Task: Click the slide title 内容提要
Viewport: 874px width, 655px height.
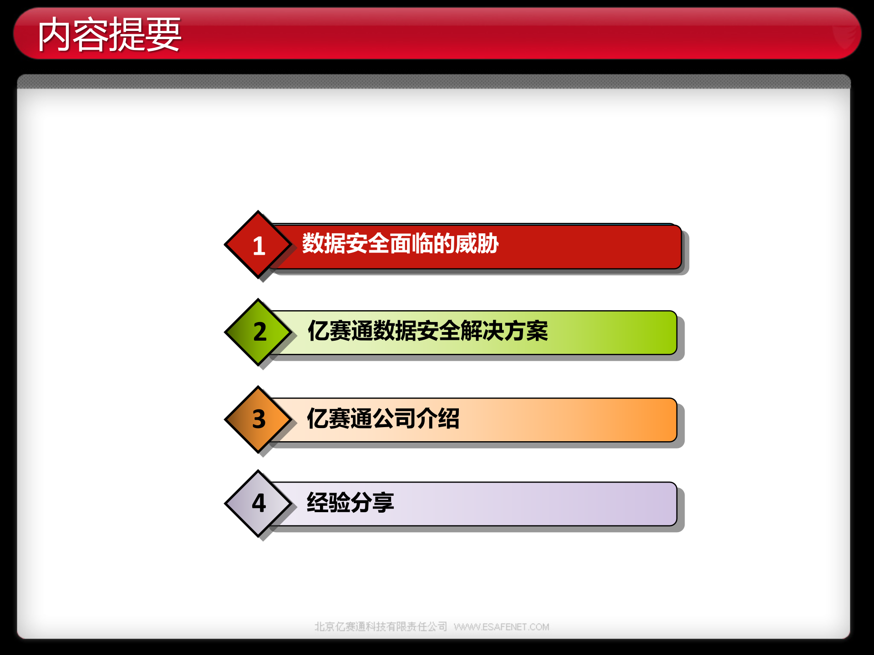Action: click(x=109, y=35)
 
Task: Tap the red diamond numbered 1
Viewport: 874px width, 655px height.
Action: click(x=258, y=245)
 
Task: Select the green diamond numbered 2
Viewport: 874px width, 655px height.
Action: click(x=258, y=332)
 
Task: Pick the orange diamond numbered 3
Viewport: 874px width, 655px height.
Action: click(x=258, y=419)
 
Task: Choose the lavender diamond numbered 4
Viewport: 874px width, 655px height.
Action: click(x=258, y=504)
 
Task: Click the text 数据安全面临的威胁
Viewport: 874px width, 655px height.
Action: click(x=400, y=244)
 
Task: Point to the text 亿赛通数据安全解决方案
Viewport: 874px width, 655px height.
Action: click(x=427, y=331)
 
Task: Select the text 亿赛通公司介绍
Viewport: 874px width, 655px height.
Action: click(x=383, y=418)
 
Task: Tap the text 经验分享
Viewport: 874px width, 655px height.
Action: click(x=350, y=503)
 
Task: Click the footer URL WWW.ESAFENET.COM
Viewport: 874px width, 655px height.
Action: click(x=501, y=627)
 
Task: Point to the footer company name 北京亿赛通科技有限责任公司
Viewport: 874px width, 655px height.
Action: click(x=381, y=627)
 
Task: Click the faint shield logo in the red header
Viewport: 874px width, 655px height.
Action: click(x=844, y=36)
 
